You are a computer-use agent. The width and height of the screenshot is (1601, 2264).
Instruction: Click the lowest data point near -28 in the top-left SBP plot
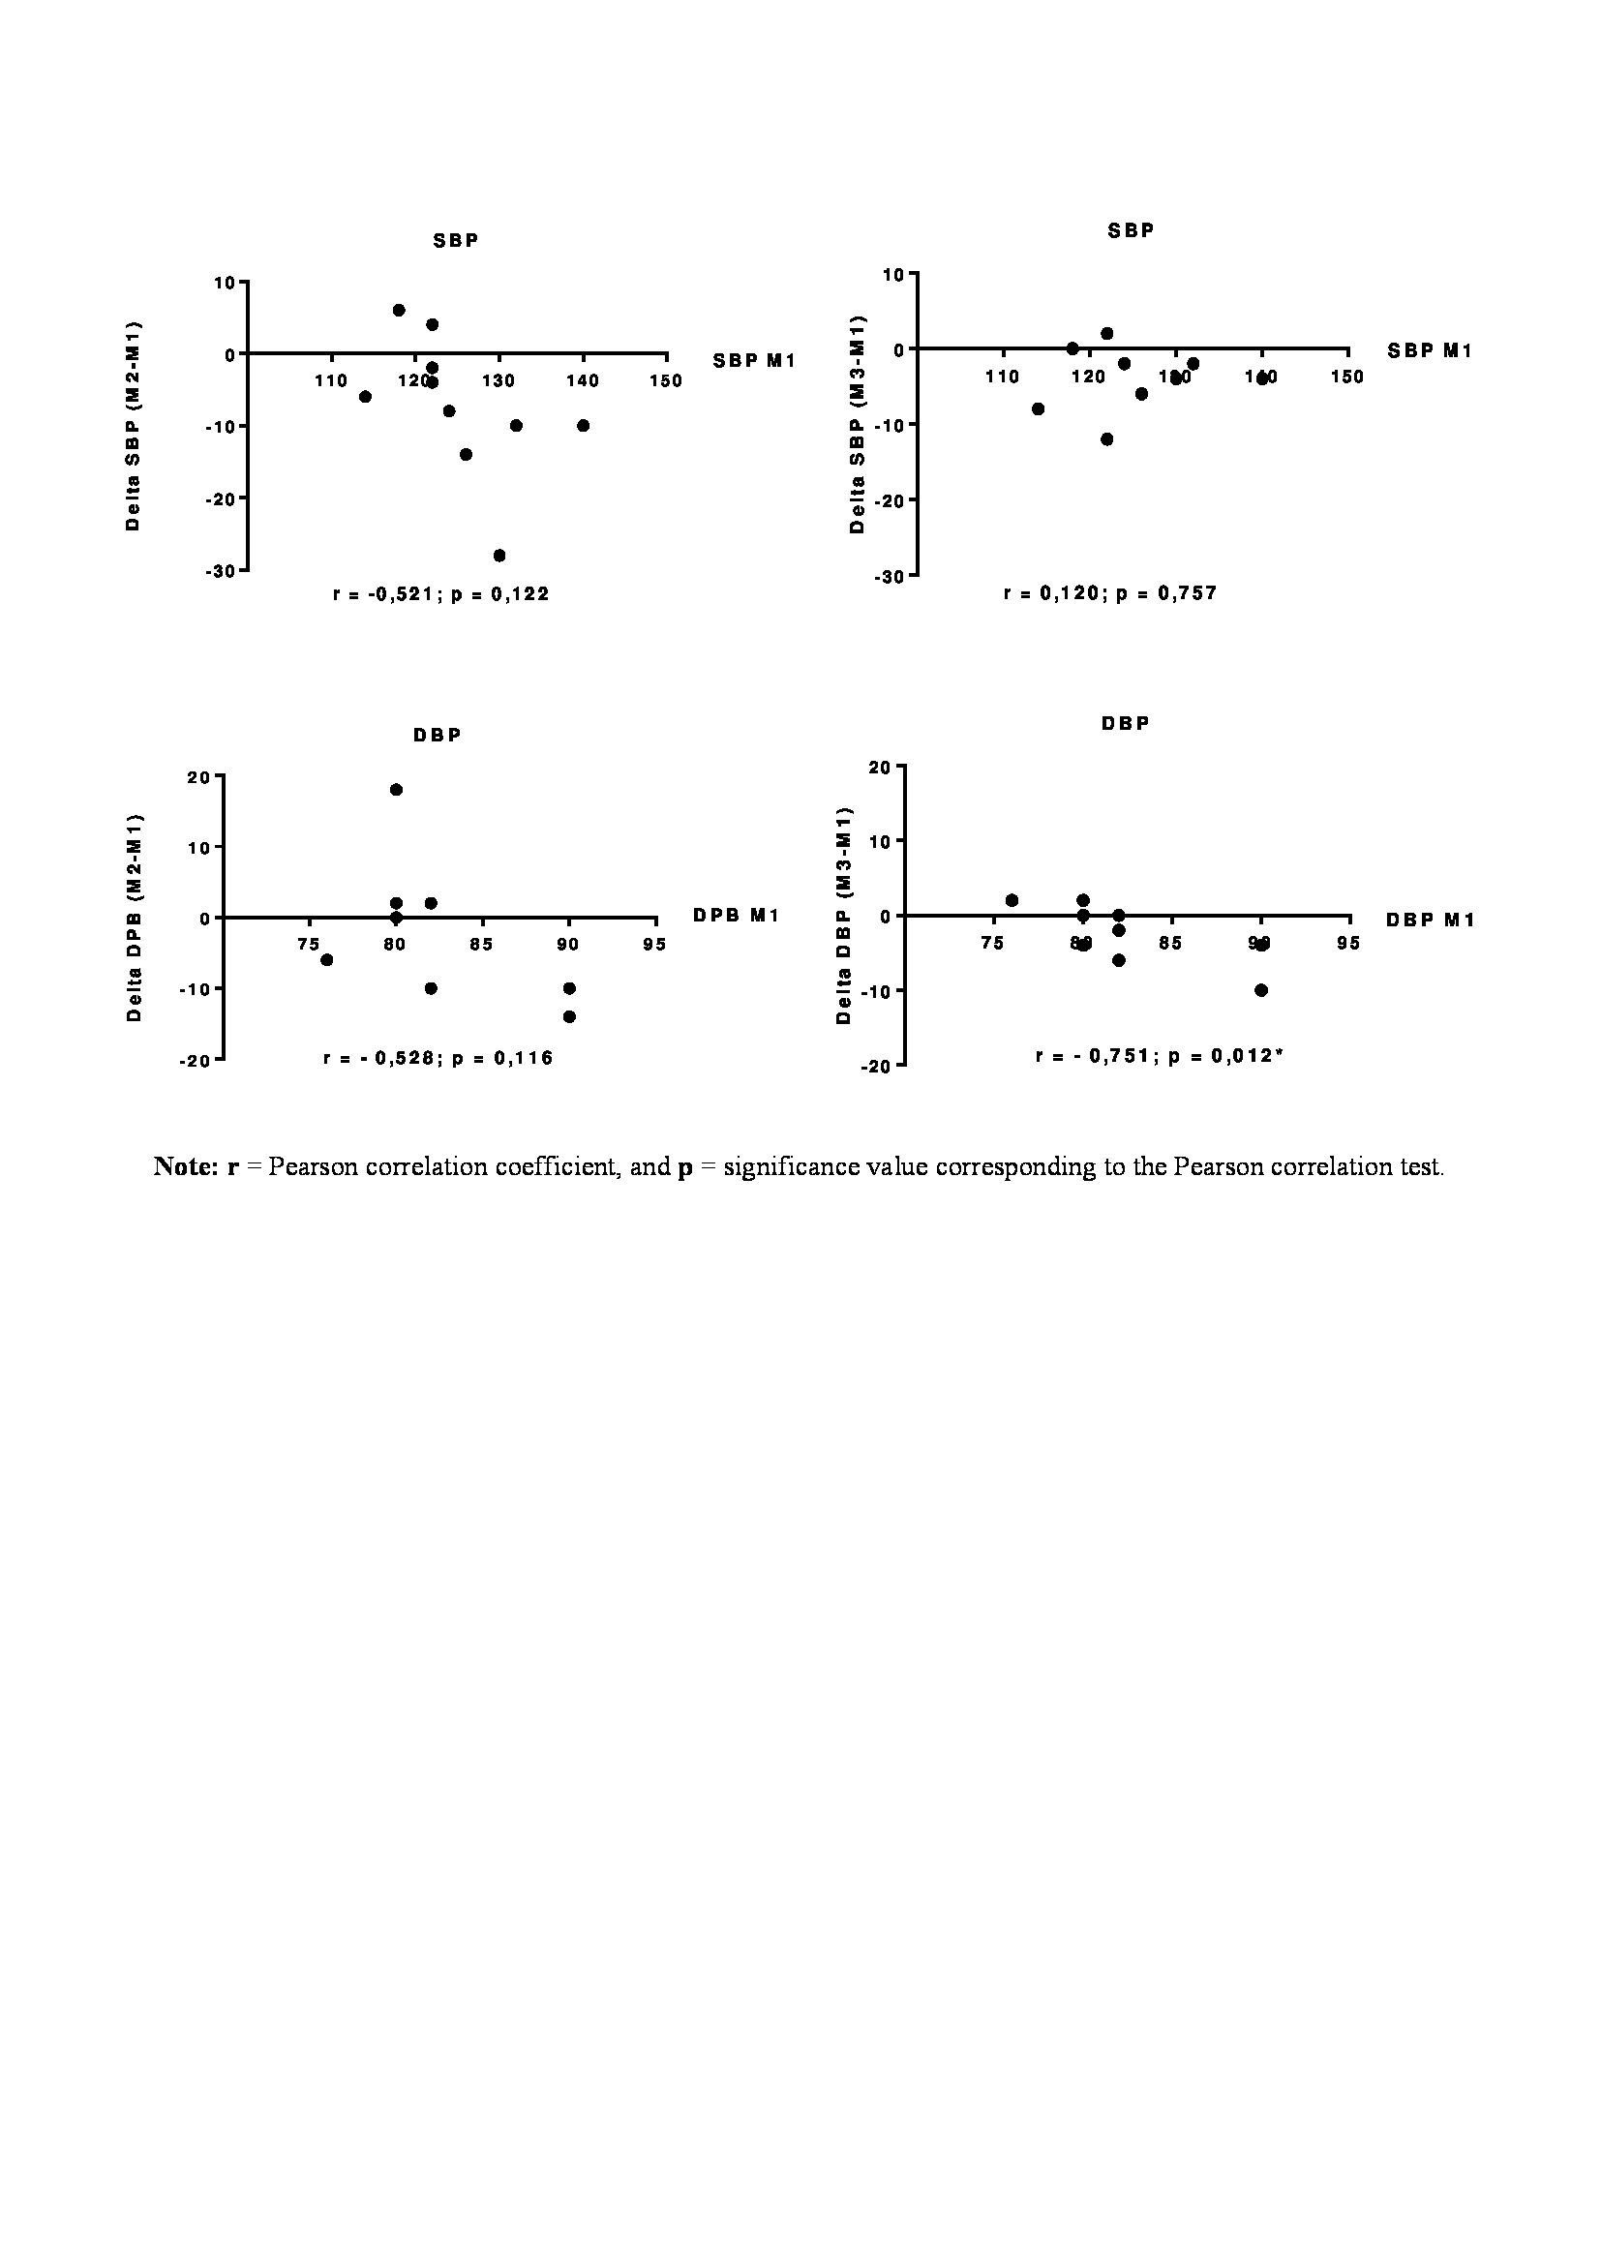(x=498, y=556)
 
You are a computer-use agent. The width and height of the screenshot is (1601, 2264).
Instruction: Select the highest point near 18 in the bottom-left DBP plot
(x=396, y=789)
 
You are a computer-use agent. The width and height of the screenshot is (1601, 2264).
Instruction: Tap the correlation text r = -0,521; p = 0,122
(x=440, y=593)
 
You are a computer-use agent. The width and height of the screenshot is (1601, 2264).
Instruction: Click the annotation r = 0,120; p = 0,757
(x=1110, y=592)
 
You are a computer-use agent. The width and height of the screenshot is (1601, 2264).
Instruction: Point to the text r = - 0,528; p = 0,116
(x=438, y=1058)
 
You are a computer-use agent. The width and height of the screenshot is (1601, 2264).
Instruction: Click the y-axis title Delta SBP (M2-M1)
(x=133, y=426)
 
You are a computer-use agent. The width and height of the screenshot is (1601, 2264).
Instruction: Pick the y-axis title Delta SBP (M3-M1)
(x=856, y=423)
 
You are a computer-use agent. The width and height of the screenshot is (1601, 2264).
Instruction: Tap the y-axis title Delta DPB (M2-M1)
(x=136, y=917)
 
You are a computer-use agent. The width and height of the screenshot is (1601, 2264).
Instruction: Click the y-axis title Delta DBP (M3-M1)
(x=843, y=915)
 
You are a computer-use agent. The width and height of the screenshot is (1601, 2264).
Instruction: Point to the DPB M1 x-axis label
(x=736, y=915)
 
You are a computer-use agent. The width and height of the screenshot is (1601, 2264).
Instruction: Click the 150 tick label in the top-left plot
(x=665, y=380)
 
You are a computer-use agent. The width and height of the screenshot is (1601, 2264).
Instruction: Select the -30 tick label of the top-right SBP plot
(x=889, y=576)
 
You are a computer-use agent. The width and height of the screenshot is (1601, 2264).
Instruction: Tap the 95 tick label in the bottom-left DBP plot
(x=654, y=944)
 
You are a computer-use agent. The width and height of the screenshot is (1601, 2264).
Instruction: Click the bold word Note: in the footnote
(x=185, y=1166)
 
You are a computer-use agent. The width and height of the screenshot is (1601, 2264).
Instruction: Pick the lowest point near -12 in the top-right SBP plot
(x=1106, y=438)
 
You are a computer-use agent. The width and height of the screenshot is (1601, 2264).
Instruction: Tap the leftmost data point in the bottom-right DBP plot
(x=1012, y=900)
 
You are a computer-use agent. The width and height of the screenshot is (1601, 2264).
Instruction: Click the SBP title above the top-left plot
(x=456, y=241)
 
